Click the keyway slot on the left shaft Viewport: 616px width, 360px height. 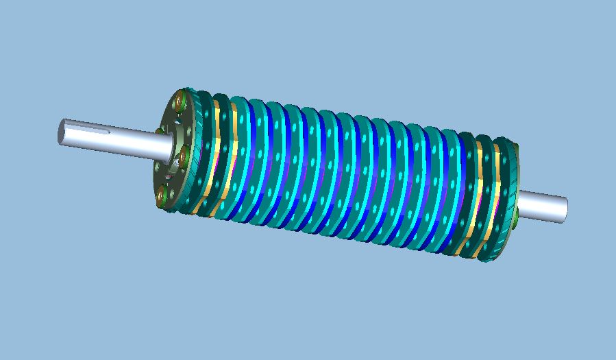(x=89, y=128)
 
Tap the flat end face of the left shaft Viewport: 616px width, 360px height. (x=61, y=131)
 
